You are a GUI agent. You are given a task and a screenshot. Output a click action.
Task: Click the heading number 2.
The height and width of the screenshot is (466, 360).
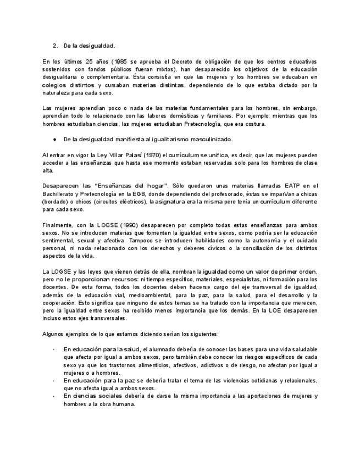click(55, 46)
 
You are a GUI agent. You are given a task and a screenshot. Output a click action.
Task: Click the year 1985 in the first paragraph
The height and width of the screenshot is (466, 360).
click(123, 62)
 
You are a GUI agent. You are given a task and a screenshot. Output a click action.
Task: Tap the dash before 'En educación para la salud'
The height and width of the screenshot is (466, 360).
click(53, 349)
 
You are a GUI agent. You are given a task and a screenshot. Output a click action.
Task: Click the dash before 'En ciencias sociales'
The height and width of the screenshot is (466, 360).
click(53, 396)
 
